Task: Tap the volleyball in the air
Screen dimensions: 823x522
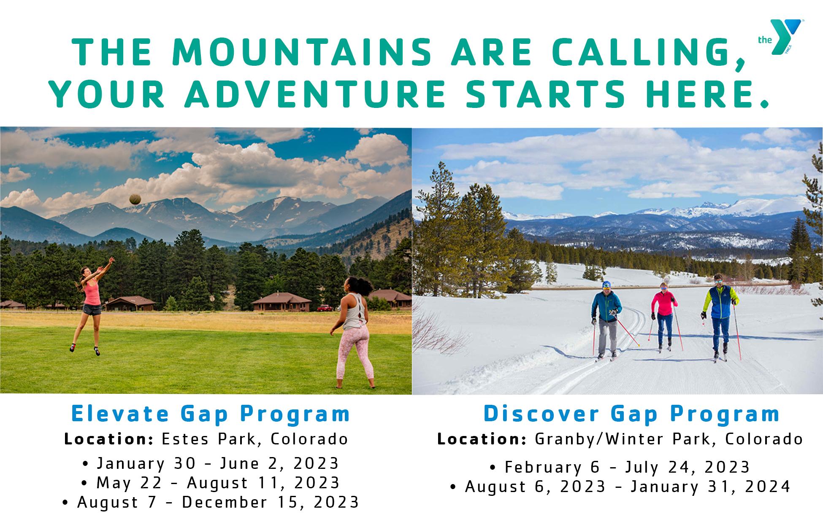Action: (135, 199)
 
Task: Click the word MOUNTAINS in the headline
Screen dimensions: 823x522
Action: (302, 53)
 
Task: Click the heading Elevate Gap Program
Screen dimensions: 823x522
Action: (211, 414)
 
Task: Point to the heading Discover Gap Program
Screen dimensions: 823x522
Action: (632, 414)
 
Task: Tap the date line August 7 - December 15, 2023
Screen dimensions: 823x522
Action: (210, 502)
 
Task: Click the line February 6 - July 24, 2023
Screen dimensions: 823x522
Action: (620, 467)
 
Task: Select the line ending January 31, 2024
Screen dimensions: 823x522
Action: (620, 487)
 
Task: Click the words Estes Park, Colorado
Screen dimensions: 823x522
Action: (255, 439)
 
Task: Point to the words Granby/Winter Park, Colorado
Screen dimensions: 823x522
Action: (669, 439)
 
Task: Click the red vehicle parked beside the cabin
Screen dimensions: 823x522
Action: (325, 308)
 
